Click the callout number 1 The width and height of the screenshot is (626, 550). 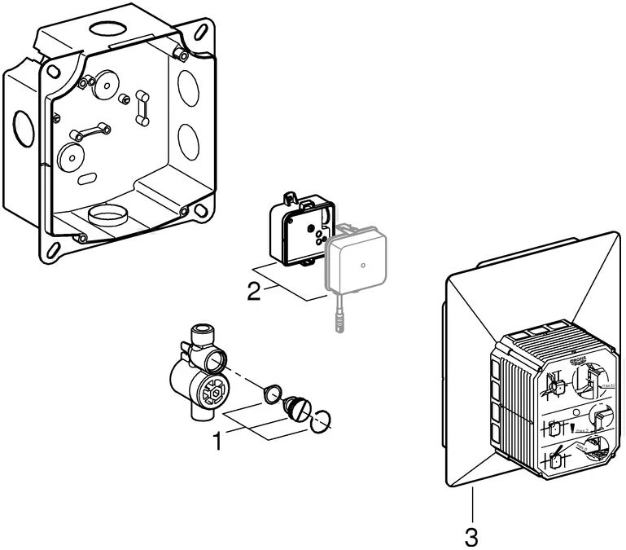point(217,442)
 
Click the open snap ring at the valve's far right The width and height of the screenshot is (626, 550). point(322,418)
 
